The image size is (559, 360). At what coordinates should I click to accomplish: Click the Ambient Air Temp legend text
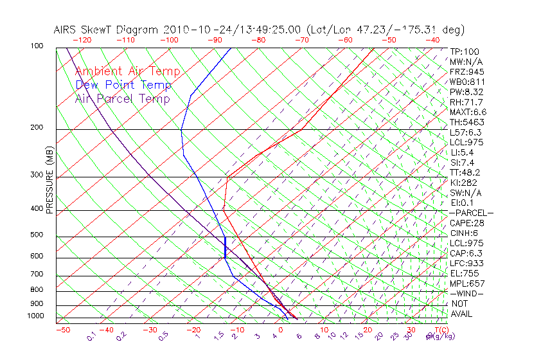(x=127, y=72)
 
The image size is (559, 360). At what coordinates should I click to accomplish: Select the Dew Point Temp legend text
(x=123, y=85)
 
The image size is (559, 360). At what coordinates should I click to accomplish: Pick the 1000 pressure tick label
(x=35, y=316)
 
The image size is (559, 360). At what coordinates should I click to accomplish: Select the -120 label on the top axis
(x=82, y=39)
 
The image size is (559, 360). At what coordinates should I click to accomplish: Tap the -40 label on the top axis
(x=433, y=39)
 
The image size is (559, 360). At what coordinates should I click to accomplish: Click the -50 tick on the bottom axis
(x=62, y=330)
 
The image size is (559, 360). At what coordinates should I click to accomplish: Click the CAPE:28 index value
(x=466, y=223)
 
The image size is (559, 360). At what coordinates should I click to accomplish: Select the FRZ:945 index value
(x=466, y=71)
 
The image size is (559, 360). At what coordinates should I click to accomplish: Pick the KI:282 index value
(x=464, y=183)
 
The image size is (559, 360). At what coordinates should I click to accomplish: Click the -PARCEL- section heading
(x=471, y=213)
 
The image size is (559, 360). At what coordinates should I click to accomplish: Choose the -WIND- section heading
(x=466, y=293)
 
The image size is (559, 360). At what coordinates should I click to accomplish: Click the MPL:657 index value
(x=466, y=283)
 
